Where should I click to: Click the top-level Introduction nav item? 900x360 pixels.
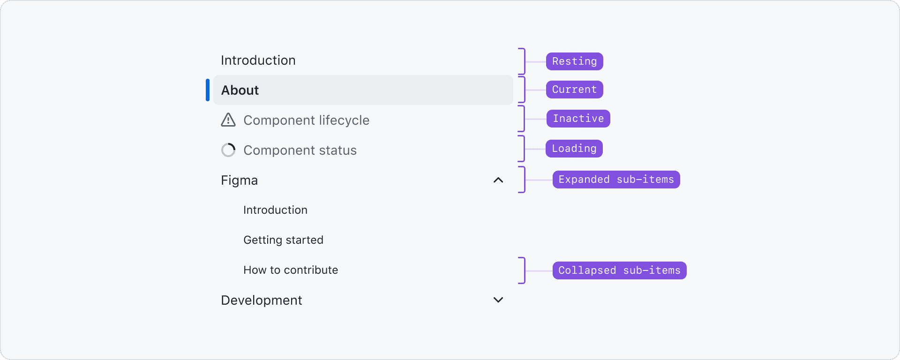pos(258,60)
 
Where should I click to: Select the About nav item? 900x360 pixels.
pos(240,90)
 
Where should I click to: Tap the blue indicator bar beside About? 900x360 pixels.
pos(208,90)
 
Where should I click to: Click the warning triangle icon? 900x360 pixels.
pos(228,120)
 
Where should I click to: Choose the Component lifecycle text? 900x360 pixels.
pos(307,120)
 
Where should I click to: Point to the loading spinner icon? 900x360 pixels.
pos(228,150)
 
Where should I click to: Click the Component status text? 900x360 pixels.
pos(300,150)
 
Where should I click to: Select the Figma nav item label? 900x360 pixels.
pos(240,180)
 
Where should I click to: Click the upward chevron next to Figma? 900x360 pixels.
pos(498,180)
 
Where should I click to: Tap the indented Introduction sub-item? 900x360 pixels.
pos(276,210)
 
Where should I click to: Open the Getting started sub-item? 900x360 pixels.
pos(284,240)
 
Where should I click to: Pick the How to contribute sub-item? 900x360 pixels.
pos(291,270)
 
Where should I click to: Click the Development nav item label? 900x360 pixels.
pos(262,300)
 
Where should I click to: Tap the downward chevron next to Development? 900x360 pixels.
pos(498,300)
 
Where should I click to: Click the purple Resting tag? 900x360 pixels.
pos(575,61)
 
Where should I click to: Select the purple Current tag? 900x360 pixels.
pos(575,90)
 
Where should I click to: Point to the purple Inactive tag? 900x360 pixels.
pos(578,119)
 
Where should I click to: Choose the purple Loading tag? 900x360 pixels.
pos(574,149)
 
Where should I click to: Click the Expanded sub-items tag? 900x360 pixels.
pos(616,180)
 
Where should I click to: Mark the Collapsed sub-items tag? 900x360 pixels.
pos(620,270)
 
